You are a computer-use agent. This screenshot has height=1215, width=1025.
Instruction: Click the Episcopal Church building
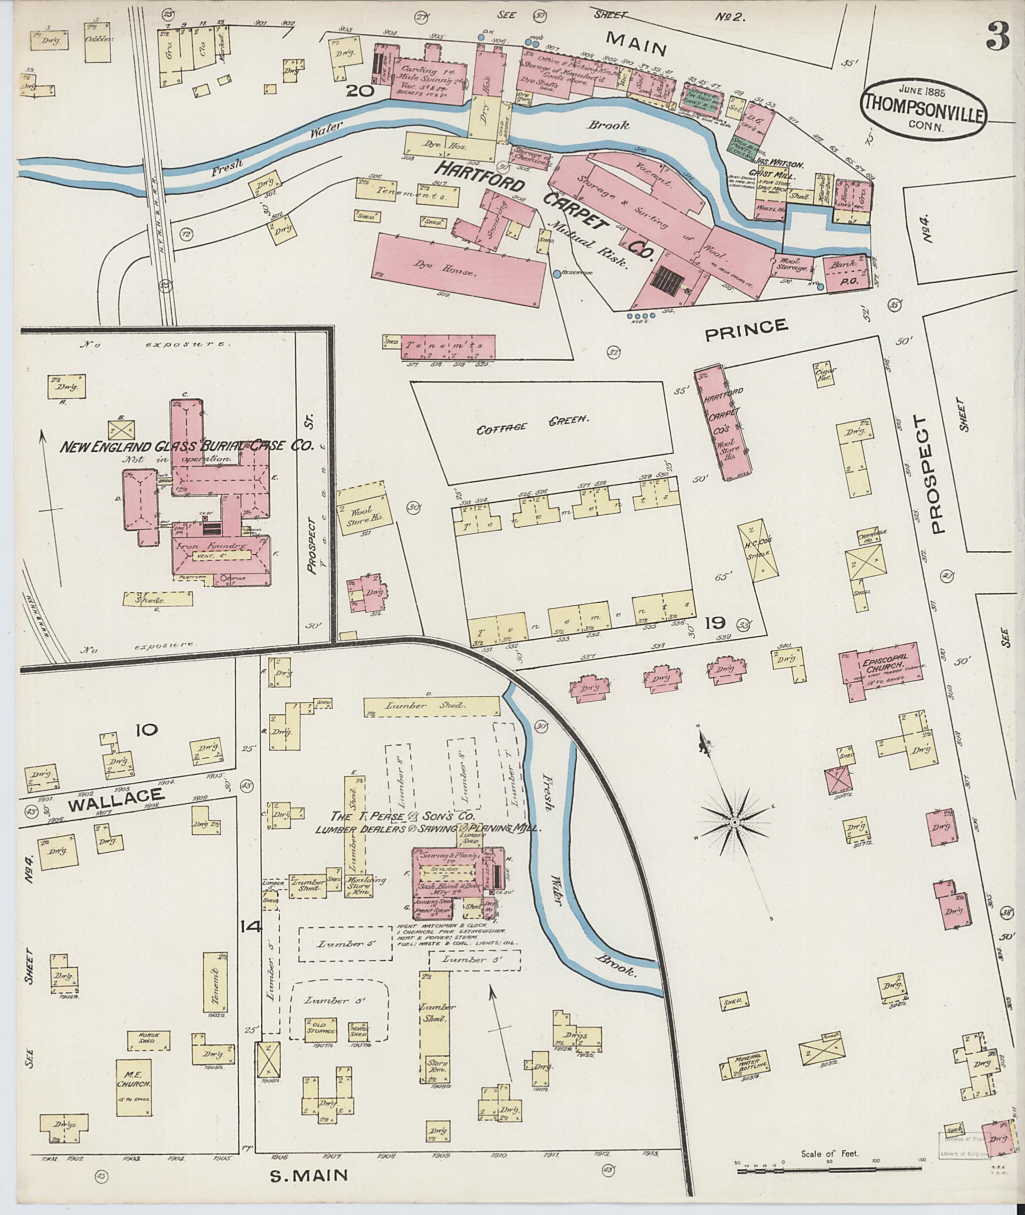click(x=881, y=667)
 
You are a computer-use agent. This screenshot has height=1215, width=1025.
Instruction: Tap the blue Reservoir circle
click(x=557, y=273)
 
